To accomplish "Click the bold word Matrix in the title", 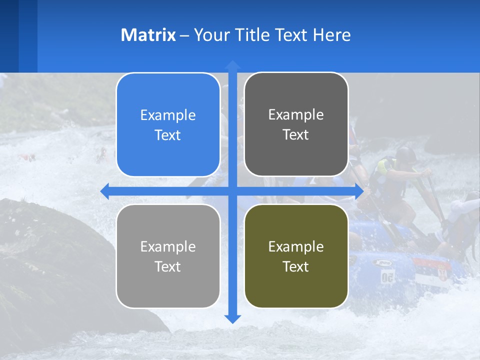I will click(x=148, y=35).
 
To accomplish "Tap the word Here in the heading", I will click(x=332, y=35).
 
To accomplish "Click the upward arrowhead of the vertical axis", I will click(x=232, y=64).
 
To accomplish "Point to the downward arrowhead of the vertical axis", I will click(x=232, y=319).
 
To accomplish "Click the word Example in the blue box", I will click(x=168, y=115).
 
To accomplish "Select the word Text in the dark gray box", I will click(x=296, y=135).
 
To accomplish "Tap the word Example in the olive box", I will click(x=296, y=246).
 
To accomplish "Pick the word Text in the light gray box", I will click(x=168, y=267).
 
